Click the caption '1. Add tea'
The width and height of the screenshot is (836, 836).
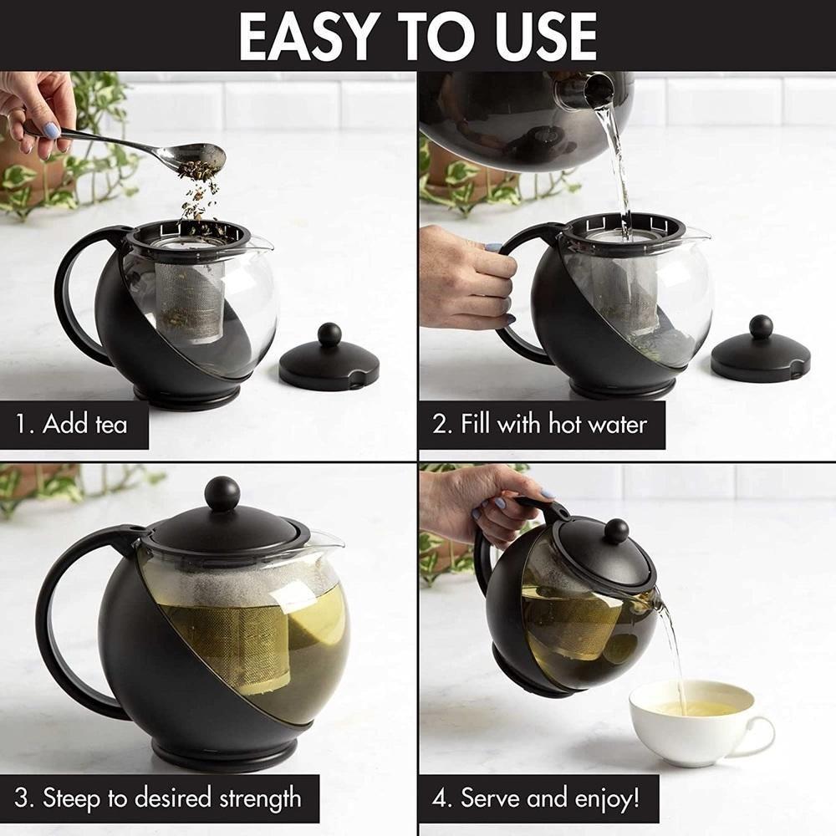(73, 424)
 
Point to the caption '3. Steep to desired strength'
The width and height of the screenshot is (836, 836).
(160, 798)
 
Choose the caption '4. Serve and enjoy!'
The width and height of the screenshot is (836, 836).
(538, 798)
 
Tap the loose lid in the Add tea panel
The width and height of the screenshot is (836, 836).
(329, 359)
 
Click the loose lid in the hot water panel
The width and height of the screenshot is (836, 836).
(760, 351)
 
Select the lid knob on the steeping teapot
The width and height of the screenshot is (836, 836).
(222, 493)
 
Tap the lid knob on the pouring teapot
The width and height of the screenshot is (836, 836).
(617, 531)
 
